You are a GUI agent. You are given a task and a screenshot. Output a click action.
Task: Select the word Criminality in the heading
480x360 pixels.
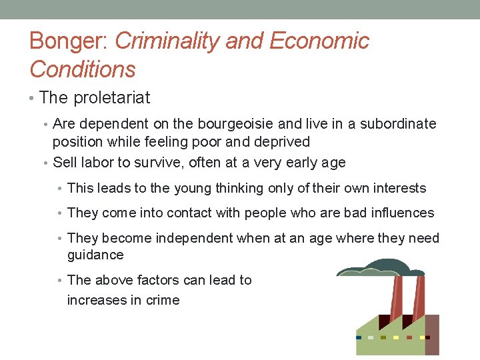(167, 41)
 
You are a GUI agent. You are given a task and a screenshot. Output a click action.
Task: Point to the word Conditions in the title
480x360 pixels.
(83, 69)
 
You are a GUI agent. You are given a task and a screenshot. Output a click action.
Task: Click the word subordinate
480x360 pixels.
(398, 124)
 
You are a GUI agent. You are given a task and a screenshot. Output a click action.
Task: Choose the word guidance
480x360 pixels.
(95, 255)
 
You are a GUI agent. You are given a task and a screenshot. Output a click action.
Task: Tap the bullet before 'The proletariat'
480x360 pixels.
(33, 99)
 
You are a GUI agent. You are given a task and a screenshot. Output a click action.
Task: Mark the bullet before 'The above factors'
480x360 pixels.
(61, 281)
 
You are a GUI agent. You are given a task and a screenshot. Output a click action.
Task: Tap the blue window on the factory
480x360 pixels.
(359, 337)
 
